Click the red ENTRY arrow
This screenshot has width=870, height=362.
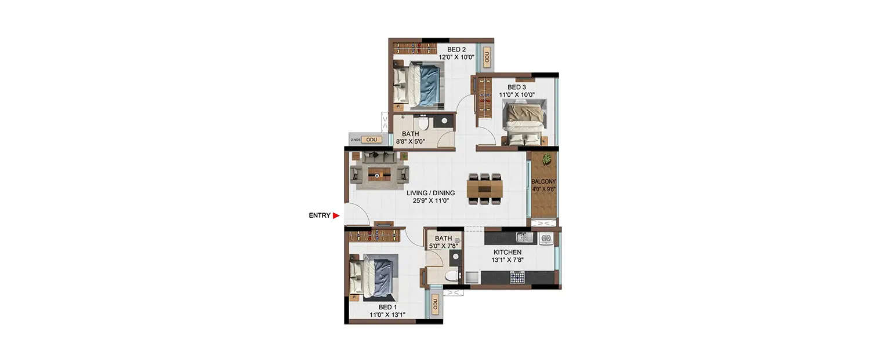(x=336, y=216)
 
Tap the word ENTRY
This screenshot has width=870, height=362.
(x=319, y=216)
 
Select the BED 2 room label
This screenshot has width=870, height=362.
(x=457, y=50)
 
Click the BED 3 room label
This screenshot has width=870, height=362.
(x=517, y=87)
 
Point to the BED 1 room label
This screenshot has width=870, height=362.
(x=388, y=307)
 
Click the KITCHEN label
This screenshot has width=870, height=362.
(x=507, y=253)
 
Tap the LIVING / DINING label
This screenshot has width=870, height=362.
(x=430, y=193)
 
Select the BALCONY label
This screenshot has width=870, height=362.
(x=544, y=181)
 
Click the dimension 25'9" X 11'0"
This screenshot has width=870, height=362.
(x=430, y=200)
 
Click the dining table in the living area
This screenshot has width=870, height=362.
(x=484, y=188)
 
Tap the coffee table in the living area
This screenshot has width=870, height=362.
(x=379, y=173)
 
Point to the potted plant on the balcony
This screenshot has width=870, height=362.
(x=546, y=159)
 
